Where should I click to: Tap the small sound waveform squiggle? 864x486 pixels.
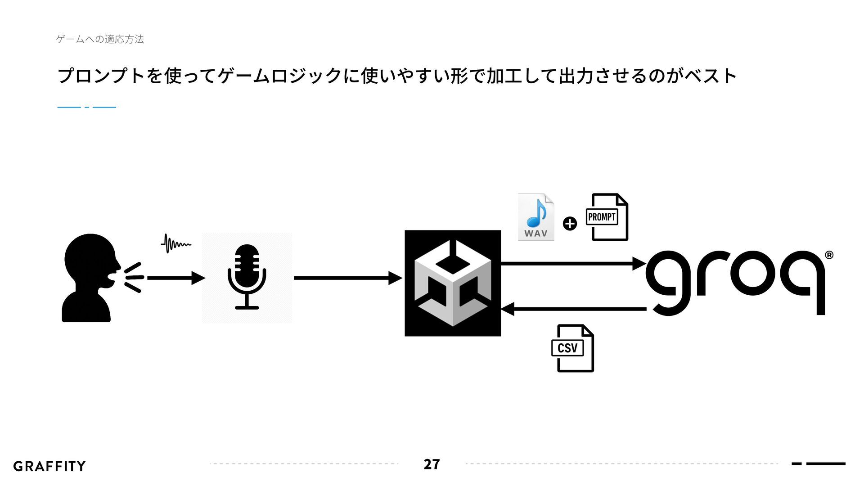coord(176,243)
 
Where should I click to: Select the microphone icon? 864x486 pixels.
coord(247,277)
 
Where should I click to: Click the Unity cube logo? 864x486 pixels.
coord(453,283)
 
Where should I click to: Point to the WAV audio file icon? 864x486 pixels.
coord(535,217)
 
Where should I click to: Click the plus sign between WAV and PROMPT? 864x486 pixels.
coord(570,223)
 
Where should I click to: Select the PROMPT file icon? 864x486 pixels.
coord(607,217)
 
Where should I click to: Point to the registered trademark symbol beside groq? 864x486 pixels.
coord(829,256)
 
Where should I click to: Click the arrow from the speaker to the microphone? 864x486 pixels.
coord(175,278)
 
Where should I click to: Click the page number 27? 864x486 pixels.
coord(432,464)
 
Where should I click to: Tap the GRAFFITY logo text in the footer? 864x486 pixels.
coord(49,466)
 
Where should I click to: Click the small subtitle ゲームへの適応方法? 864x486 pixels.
coord(100,40)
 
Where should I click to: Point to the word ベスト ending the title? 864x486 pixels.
coord(711,76)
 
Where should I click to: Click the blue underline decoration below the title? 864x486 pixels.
coord(87,107)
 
